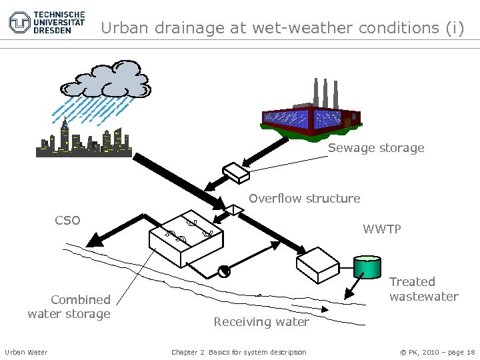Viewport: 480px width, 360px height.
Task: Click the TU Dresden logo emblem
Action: click(x=19, y=22)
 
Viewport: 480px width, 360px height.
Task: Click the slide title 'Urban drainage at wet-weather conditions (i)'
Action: click(x=282, y=28)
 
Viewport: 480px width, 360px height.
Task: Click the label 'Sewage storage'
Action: click(x=375, y=148)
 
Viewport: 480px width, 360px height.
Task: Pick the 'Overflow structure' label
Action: click(x=304, y=198)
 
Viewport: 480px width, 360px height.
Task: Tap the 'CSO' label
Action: click(x=67, y=221)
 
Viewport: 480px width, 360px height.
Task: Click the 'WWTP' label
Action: click(x=382, y=229)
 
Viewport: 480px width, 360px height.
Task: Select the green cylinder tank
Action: click(x=367, y=268)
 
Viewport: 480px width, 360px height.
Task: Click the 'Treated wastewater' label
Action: click(x=423, y=289)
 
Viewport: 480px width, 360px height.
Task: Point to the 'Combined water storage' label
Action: click(x=69, y=307)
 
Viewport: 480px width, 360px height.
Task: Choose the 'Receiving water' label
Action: click(x=261, y=322)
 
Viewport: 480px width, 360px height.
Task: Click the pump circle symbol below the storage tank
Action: click(x=223, y=271)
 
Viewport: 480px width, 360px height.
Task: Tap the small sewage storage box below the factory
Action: click(x=236, y=172)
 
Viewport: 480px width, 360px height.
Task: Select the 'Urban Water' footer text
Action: click(x=26, y=352)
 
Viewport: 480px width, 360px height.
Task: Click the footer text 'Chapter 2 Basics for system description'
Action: click(x=239, y=352)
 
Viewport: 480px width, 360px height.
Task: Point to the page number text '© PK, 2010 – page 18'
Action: click(x=437, y=352)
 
